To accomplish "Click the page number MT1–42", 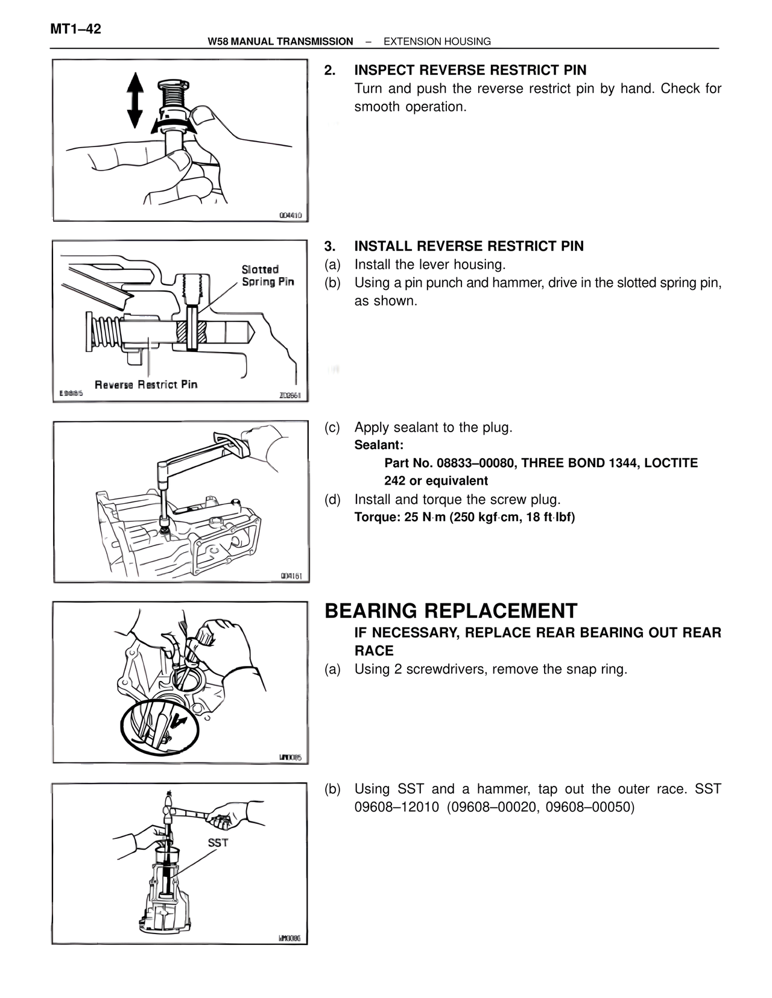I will click(x=75, y=29).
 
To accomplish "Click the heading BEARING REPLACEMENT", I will click(x=451, y=610).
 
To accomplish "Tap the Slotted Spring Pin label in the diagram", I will click(x=268, y=275).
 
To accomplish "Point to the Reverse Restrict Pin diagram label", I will click(x=146, y=384).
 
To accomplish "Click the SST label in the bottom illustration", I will click(x=218, y=843).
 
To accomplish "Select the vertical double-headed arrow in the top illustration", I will click(x=135, y=100).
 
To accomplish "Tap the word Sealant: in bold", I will click(x=379, y=445).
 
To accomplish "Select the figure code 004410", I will click(x=290, y=215).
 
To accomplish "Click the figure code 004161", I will click(x=292, y=576).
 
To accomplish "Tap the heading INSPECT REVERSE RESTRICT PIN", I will click(x=470, y=70).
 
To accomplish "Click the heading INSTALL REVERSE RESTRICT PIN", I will click(x=469, y=246).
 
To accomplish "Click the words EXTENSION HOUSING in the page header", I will click(x=437, y=42).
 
